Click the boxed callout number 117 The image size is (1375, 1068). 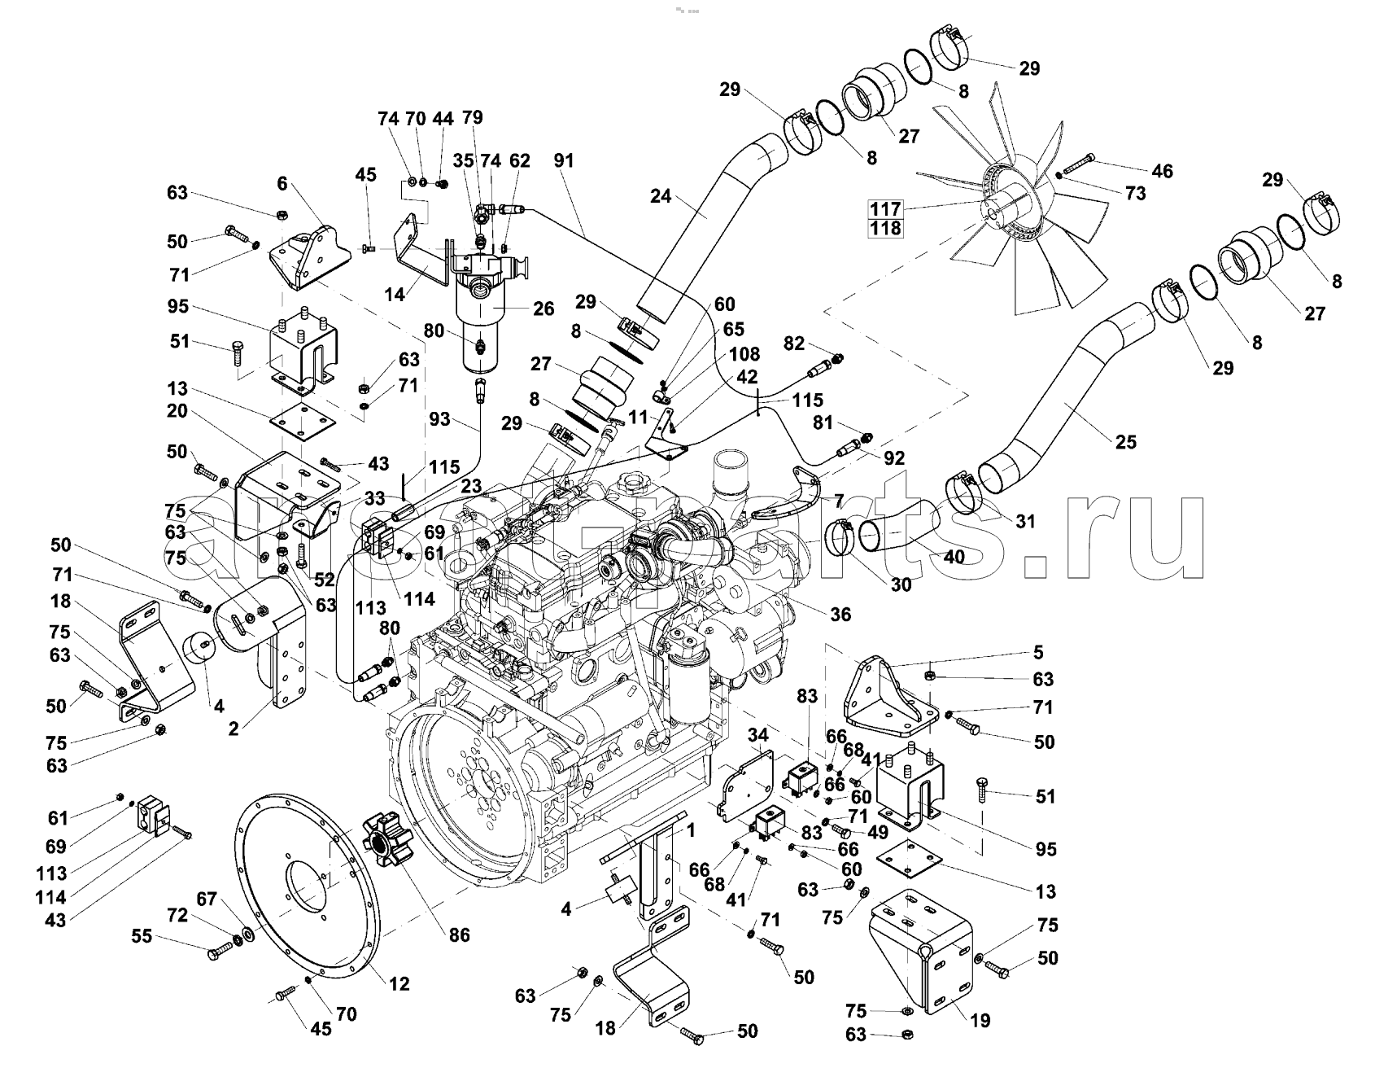[x=885, y=208]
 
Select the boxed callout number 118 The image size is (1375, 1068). [x=885, y=229]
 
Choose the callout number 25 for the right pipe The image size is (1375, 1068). [x=1126, y=442]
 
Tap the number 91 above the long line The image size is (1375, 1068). [x=563, y=161]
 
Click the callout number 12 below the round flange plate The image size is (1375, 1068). [x=399, y=983]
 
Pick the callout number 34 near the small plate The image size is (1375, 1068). [x=757, y=736]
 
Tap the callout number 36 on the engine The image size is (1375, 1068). [x=840, y=614]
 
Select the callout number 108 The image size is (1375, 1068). [x=744, y=355]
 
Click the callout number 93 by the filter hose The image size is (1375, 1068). [x=440, y=420]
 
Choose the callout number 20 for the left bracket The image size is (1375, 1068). [x=177, y=411]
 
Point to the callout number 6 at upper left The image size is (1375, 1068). [x=282, y=184]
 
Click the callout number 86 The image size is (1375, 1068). [x=460, y=934]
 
